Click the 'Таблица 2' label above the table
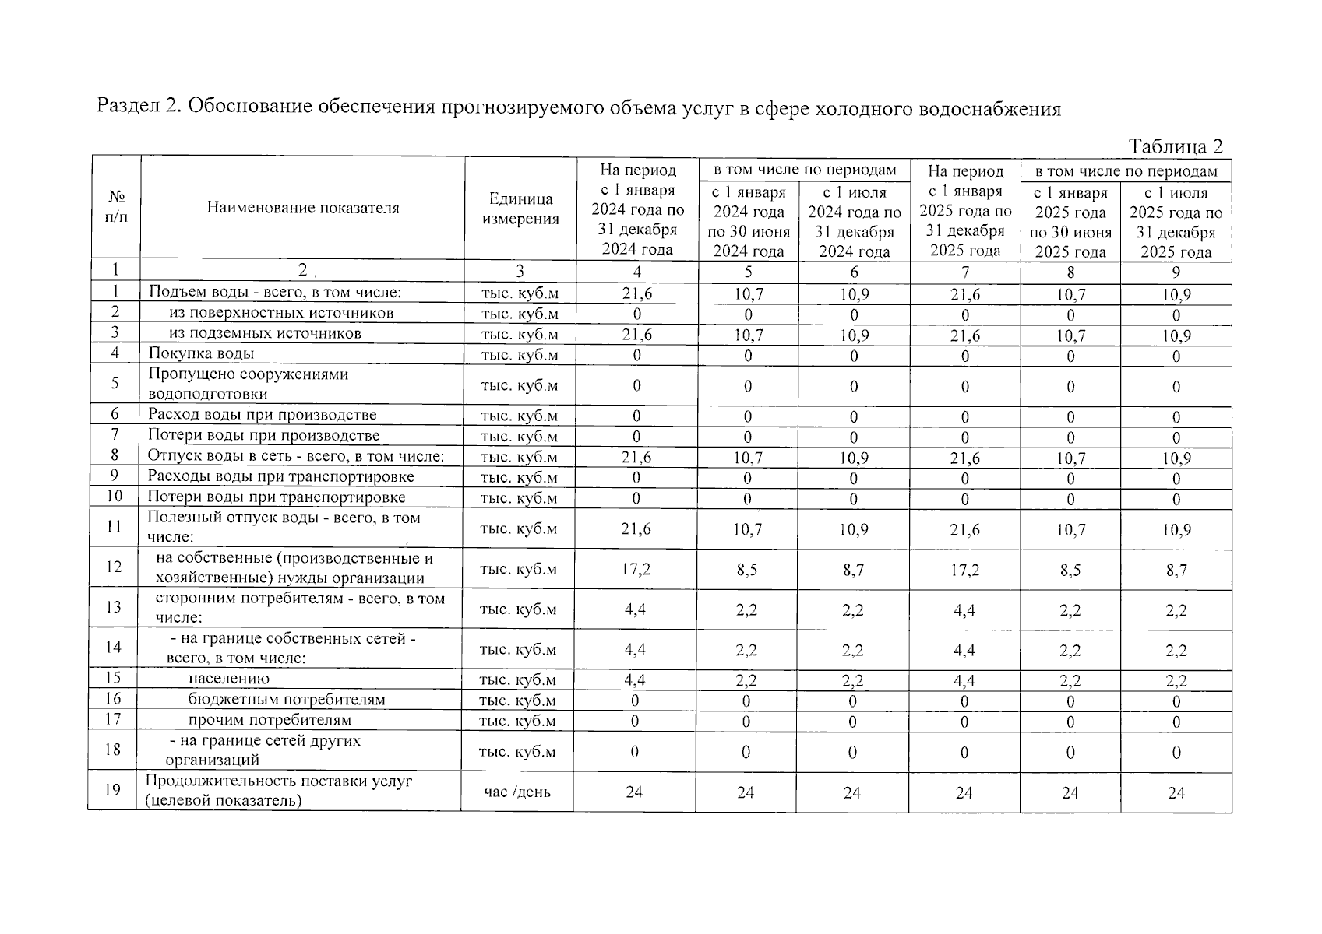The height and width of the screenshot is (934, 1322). tap(1175, 146)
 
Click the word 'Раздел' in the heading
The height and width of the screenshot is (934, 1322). tap(127, 107)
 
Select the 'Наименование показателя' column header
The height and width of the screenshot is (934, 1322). tap(302, 208)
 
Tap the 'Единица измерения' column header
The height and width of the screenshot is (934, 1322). tap(520, 209)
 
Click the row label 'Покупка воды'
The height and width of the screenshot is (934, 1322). tap(201, 353)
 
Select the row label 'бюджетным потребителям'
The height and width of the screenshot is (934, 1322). tap(286, 700)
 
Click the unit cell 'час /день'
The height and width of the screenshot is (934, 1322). tap(517, 792)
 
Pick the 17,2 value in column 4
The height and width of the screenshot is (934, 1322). tap(636, 570)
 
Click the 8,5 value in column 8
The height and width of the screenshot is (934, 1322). tap(1070, 571)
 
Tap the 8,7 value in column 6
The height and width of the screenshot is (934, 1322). tap(853, 571)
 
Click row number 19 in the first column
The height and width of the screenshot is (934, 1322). tap(114, 790)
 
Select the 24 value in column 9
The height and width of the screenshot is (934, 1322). tap(1176, 792)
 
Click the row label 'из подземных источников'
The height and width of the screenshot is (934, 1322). tap(265, 333)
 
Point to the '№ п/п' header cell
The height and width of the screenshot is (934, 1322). tap(115, 207)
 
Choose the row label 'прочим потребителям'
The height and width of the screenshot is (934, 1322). tap(270, 720)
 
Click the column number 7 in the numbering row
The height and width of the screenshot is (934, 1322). tap(964, 272)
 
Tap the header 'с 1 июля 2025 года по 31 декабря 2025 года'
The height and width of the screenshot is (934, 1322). tap(1176, 222)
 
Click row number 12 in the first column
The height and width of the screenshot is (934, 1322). tap(114, 567)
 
